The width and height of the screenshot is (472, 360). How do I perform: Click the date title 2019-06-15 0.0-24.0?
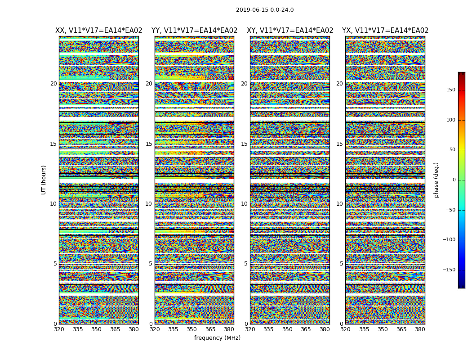[x=265, y=10]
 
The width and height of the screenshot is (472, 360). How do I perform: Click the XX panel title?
[x=99, y=31]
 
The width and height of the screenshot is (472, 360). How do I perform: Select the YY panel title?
[x=194, y=31]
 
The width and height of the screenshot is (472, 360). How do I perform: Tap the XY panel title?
[x=290, y=31]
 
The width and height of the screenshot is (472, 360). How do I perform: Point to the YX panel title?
[x=385, y=31]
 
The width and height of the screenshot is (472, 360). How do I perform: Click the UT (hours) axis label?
[x=44, y=180]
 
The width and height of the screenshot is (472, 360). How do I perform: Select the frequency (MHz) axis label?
[x=217, y=338]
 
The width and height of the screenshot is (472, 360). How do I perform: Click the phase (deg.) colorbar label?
[x=436, y=180]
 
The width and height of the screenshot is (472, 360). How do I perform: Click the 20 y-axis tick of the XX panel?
[x=53, y=84]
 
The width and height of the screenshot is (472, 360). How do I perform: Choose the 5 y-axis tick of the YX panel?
[x=341, y=264]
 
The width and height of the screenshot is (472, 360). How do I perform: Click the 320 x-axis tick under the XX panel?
[x=59, y=329]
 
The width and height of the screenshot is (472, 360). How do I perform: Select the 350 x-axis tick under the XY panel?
[x=287, y=329]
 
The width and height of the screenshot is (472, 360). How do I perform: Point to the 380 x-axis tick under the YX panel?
[x=420, y=329]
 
